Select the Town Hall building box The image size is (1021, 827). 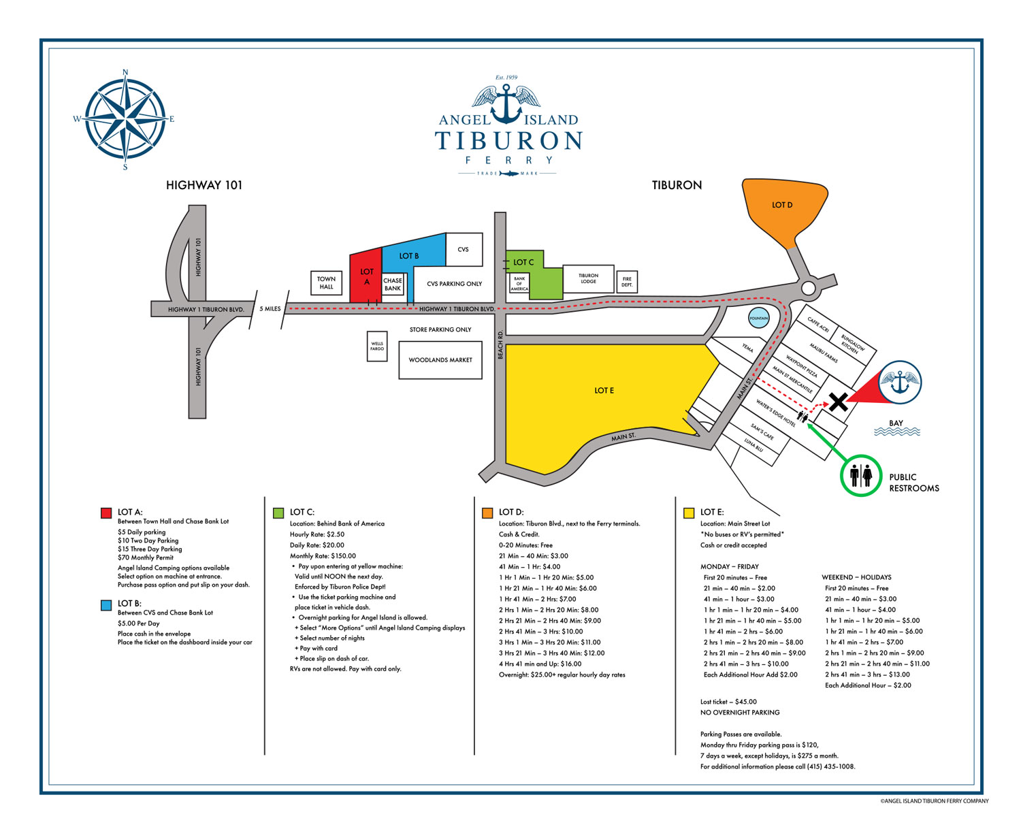(327, 282)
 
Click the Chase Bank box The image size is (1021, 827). (393, 285)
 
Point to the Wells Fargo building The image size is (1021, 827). (377, 346)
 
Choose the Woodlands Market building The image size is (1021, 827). (440, 360)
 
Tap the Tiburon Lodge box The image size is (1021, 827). (588, 279)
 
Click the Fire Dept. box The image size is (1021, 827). (627, 282)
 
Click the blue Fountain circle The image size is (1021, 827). (758, 318)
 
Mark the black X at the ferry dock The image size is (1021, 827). (838, 402)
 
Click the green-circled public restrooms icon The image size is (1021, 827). (861, 475)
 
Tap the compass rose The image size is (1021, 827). (125, 119)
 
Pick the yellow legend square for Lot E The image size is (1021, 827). (689, 513)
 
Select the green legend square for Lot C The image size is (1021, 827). (278, 513)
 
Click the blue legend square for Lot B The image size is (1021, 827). (106, 604)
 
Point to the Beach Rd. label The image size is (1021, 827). (500, 345)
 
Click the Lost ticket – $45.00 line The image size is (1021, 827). (728, 702)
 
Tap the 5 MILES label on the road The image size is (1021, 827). (270, 309)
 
